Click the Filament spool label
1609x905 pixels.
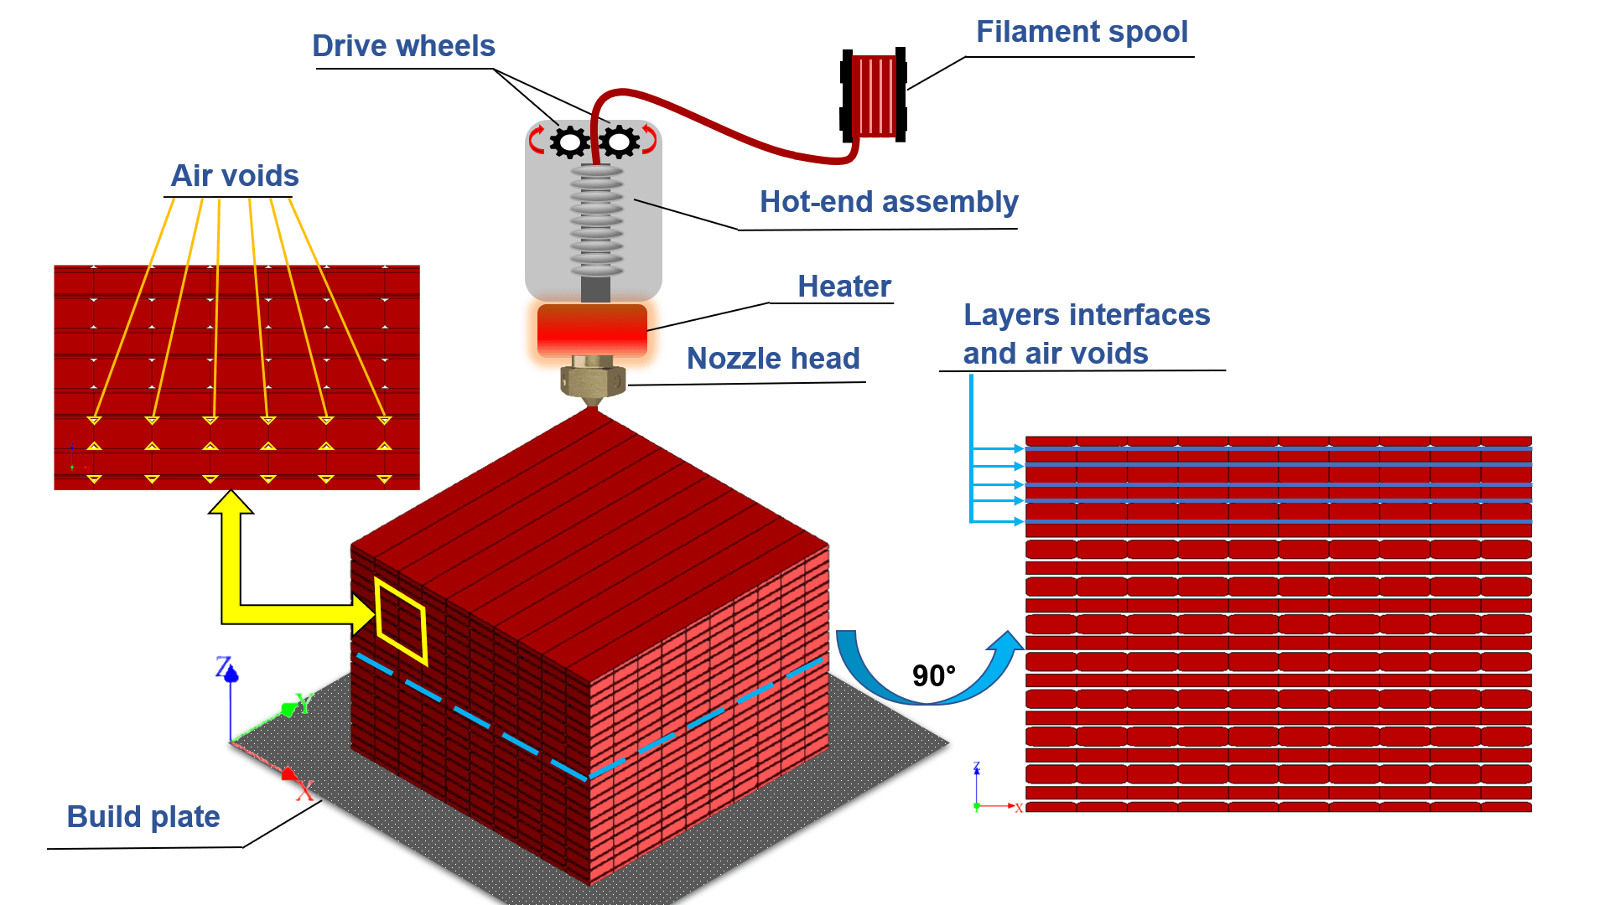pos(1082,32)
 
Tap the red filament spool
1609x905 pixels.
pos(873,95)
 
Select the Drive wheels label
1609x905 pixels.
pos(403,46)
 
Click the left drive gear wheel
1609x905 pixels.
pos(570,142)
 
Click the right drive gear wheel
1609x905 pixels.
pos(620,142)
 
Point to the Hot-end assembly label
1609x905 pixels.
pos(889,202)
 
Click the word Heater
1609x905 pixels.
pos(844,287)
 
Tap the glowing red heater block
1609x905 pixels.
pos(592,330)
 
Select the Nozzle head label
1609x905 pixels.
pos(773,359)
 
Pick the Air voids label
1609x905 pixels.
pos(235,176)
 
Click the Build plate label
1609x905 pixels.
pos(143,817)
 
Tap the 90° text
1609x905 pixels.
pos(934,675)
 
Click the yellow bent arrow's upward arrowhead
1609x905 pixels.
pos(231,502)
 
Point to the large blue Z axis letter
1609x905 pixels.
pos(224,667)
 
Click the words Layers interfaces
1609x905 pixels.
pos(1087,315)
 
